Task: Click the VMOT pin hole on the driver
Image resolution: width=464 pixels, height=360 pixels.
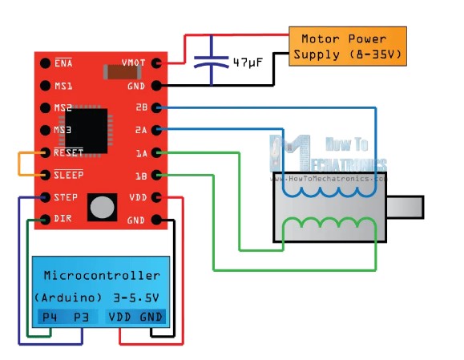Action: pos(156,63)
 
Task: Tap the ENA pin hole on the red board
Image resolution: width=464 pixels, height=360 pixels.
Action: pos(45,63)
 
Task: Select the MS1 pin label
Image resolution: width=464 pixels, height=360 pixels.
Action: pos(63,86)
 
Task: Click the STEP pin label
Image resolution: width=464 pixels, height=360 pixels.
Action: pos(66,197)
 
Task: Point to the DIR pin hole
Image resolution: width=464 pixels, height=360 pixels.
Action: pos(45,220)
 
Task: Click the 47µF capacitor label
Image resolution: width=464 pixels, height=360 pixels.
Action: pos(248,63)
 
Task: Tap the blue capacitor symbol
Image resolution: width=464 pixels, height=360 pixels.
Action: pos(212,60)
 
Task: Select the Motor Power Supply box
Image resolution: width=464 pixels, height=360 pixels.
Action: pos(348,47)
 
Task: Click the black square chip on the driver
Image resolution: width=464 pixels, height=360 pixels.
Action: pos(86,131)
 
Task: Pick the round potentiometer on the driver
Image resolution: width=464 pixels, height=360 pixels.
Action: pos(102,207)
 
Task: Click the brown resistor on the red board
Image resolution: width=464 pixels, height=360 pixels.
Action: pos(122,72)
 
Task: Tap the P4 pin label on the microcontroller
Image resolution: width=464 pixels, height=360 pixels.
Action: pos(50,317)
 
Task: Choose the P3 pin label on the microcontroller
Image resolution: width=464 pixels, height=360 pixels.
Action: pos(81,317)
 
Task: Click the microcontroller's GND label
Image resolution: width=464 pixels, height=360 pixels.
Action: pos(151,317)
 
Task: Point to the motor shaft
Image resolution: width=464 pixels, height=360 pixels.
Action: pos(405,207)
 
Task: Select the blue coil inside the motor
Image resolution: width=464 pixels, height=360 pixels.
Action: pos(329,193)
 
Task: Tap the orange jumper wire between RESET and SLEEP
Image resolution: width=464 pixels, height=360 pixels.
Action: pos(19,164)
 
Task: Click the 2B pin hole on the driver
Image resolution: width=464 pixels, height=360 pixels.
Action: pos(156,107)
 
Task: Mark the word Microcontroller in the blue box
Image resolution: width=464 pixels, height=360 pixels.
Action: pos(102,276)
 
